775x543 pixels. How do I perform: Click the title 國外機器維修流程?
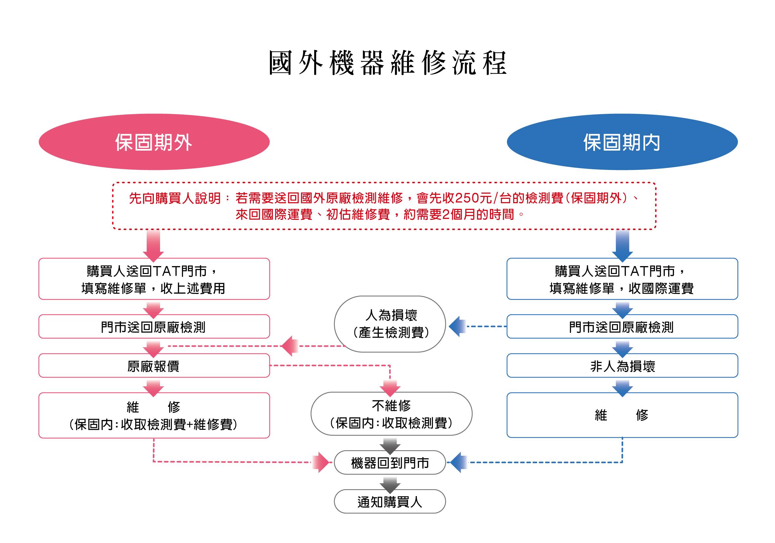388,63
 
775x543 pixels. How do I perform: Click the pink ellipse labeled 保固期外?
154,142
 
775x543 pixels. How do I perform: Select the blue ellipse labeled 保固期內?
622,142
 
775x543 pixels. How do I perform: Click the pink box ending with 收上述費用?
154,279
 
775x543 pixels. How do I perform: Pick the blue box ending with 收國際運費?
622,279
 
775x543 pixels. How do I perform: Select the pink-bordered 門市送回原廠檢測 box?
154,326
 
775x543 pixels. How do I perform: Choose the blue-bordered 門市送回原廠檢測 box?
622,326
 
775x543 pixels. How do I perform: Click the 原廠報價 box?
154,365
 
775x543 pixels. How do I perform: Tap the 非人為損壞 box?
622,365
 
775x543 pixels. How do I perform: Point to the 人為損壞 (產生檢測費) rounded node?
390,324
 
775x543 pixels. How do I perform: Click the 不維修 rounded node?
391,414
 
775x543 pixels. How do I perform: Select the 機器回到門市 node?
390,463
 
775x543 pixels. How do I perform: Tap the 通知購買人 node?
390,502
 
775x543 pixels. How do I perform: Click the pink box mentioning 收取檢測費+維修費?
154,415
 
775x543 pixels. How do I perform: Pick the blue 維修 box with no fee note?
622,415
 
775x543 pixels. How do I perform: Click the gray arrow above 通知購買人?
390,485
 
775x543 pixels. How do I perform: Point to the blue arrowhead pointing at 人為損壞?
458,326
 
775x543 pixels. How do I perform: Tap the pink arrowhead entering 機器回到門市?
320,462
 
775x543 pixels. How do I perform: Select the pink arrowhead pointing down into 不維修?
390,388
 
